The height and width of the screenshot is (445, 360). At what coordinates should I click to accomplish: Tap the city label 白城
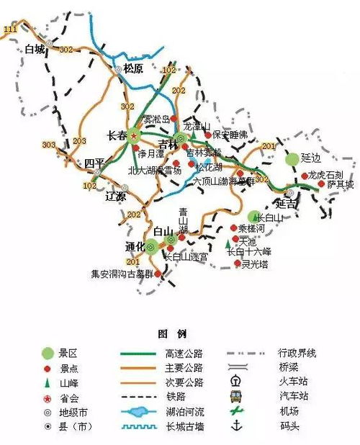click(34, 50)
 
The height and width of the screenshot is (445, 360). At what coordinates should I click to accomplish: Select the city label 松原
click(134, 69)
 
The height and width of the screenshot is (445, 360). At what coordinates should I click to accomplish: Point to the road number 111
click(10, 29)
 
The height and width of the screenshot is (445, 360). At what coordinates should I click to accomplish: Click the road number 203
click(80, 140)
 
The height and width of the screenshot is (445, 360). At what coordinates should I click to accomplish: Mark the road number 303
click(49, 145)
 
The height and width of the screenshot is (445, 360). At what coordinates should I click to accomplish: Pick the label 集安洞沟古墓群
click(122, 274)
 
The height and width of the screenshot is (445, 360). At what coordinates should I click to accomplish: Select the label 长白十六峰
click(248, 252)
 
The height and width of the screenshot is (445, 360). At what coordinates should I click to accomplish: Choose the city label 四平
click(94, 163)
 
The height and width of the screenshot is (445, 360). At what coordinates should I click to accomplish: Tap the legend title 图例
click(171, 334)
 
